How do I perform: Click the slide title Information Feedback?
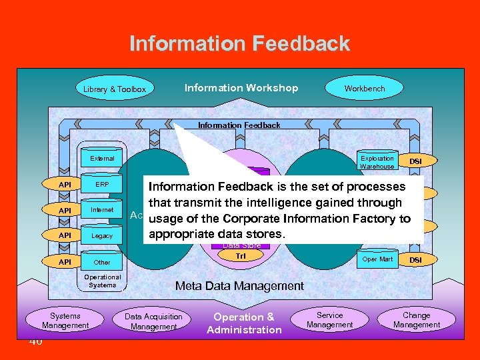(x=239, y=43)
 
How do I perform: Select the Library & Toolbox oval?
(x=115, y=89)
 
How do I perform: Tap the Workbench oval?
(x=365, y=88)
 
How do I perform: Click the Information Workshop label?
(x=241, y=88)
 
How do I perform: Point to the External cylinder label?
(x=102, y=159)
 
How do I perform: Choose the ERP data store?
(x=102, y=184)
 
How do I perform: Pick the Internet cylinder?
(x=102, y=210)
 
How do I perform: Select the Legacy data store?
(x=102, y=236)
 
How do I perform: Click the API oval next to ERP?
(x=65, y=184)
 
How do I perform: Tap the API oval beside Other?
(x=65, y=262)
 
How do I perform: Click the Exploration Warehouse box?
(x=377, y=162)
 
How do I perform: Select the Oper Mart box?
(x=377, y=259)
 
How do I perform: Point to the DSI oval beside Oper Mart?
(x=415, y=259)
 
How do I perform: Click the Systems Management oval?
(x=65, y=321)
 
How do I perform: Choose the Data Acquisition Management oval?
(x=153, y=321)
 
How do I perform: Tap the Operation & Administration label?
(x=244, y=323)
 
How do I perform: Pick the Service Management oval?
(x=330, y=320)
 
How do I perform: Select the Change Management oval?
(x=417, y=320)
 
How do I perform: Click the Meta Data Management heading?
(x=239, y=286)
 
